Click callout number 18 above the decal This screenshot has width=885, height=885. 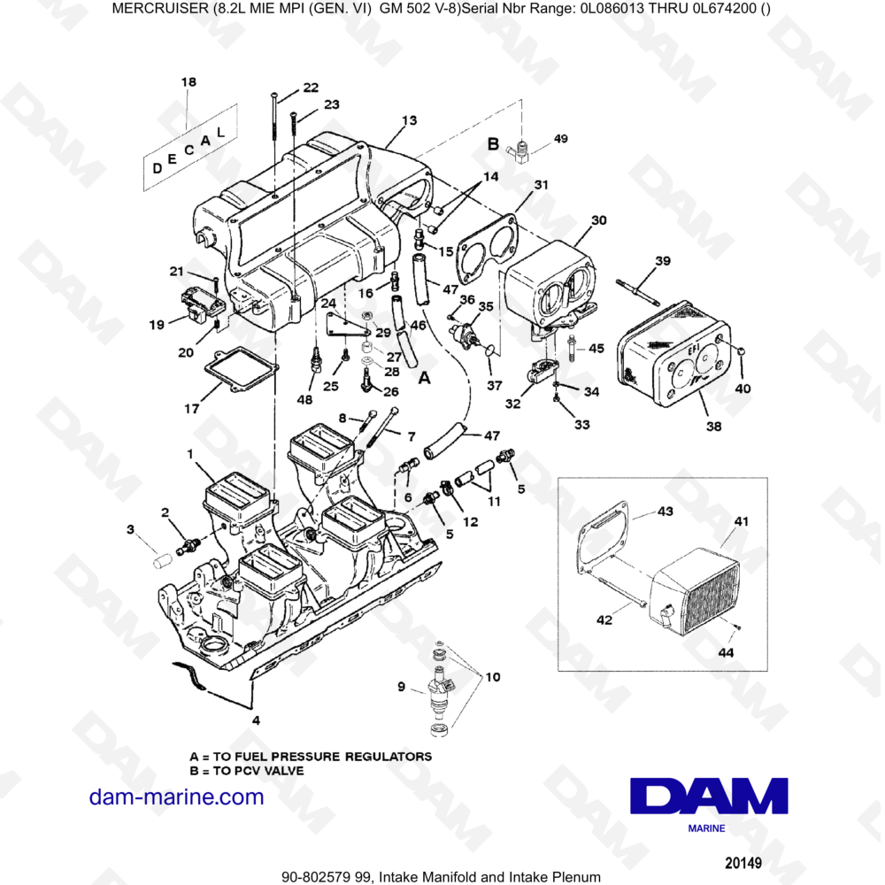click(189, 81)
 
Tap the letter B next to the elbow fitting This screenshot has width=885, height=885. click(493, 144)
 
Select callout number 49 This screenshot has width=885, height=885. click(560, 138)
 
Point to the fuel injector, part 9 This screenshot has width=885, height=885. click(442, 689)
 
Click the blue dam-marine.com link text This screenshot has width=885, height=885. click(177, 797)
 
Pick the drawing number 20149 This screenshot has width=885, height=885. click(743, 863)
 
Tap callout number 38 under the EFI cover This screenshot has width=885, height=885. click(714, 427)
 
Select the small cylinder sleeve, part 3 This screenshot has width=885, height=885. click(163, 561)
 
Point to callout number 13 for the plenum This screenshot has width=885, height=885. click(409, 120)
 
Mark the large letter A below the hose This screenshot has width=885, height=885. click(425, 377)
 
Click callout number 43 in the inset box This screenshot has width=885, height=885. click(666, 511)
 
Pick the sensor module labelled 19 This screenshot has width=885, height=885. click(202, 305)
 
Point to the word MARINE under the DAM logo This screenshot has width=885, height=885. click(706, 828)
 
